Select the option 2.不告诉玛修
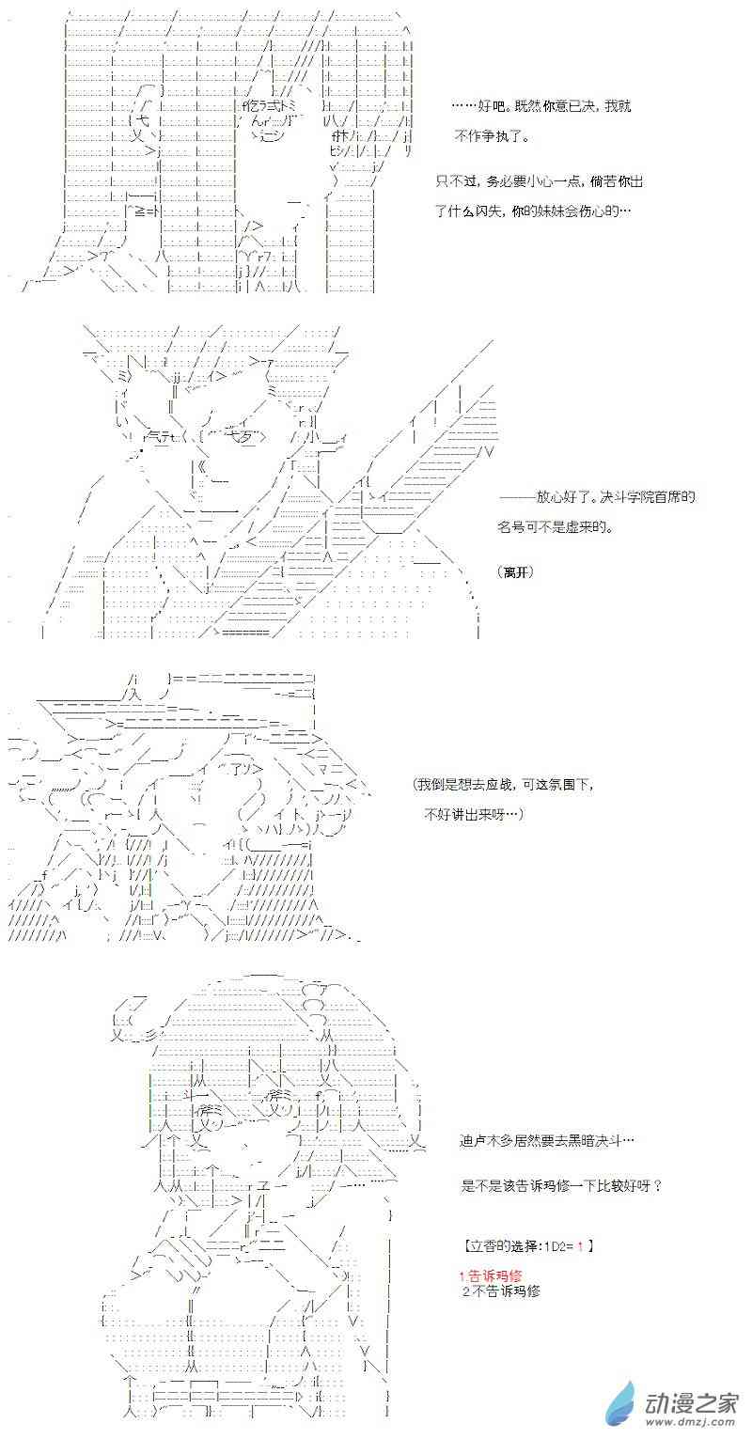click(501, 1290)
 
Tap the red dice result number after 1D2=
click(580, 1246)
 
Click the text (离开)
click(516, 571)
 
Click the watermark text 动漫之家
click(692, 1401)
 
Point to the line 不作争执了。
click(493, 135)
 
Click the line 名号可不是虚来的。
click(555, 526)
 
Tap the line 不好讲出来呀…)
click(475, 814)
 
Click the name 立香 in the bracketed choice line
click(483, 1246)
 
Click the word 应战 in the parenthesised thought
click(500, 784)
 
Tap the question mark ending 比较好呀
click(657, 1185)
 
